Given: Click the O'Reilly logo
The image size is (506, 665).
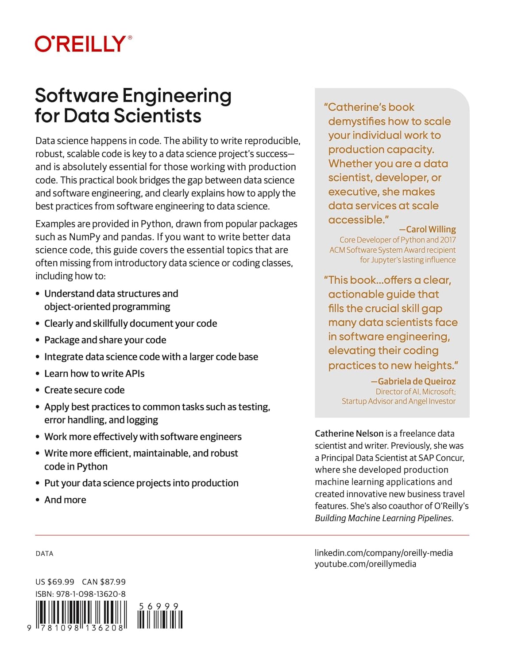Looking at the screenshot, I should [83, 44].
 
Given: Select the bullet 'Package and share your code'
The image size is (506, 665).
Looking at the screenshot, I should [105, 340].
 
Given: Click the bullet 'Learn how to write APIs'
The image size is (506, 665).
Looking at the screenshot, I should [94, 374].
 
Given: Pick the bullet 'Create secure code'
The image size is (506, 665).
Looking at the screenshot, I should [84, 390].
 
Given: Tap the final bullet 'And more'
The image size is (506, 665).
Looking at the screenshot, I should [65, 500].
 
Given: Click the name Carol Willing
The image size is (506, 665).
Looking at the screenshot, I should [430, 229].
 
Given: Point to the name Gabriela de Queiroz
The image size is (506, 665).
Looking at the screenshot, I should [416, 381].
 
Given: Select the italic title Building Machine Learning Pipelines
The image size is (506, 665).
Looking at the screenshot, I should [383, 518].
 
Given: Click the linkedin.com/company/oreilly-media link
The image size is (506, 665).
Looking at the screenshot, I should [383, 553].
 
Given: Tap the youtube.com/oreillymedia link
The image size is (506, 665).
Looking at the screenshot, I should [365, 564].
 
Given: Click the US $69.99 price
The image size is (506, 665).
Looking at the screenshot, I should [55, 582].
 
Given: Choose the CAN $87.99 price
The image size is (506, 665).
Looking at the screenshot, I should [104, 582].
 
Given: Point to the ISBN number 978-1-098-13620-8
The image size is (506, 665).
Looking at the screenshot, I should [91, 594].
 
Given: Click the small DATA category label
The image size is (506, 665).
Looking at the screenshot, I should [44, 554].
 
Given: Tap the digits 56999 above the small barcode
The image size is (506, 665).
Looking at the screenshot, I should [159, 606].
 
